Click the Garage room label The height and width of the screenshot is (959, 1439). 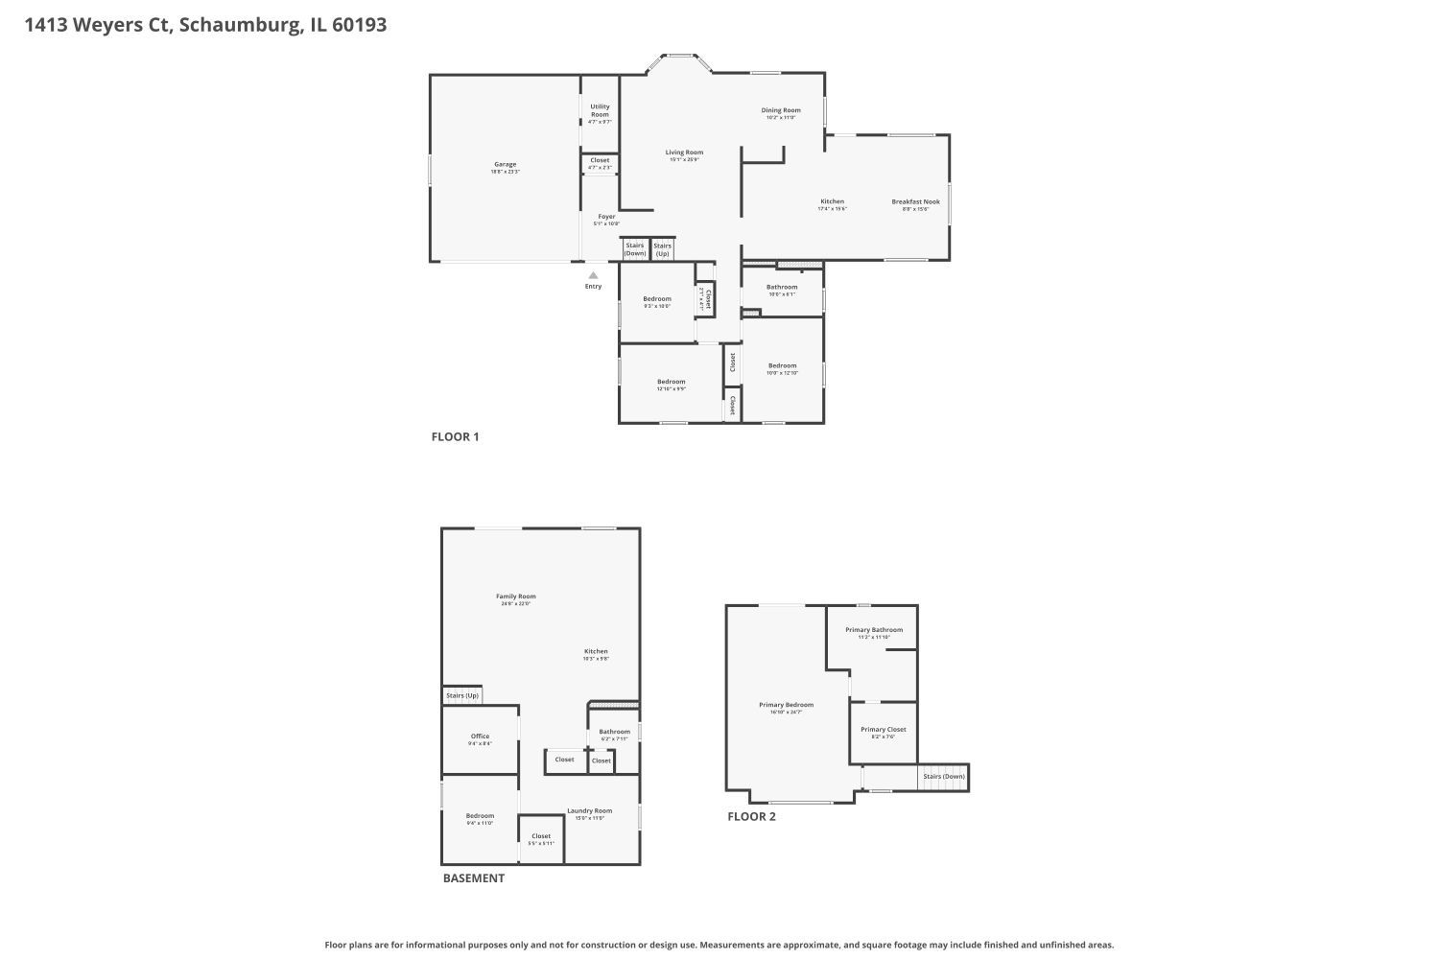point(505,165)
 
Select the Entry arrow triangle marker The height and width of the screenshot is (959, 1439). point(593,275)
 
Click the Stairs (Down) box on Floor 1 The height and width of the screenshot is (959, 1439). point(635,249)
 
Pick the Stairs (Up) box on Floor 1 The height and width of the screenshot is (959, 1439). point(662,249)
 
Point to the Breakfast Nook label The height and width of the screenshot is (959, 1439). point(915,202)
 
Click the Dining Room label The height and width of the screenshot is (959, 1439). point(781,110)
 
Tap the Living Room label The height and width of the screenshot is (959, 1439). point(685,152)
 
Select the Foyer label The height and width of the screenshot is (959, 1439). point(606,217)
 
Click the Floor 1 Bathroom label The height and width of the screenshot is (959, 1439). point(782,287)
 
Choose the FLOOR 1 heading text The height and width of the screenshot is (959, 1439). point(455,436)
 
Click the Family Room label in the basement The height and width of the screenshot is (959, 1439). point(515,596)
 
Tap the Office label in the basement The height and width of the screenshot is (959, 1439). point(480,737)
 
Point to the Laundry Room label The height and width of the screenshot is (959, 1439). point(589,810)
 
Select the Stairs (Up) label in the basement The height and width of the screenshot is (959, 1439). point(462,695)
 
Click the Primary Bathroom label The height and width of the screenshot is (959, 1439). point(873,630)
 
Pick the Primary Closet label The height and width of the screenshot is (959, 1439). point(883,730)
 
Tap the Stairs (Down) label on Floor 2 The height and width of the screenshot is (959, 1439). point(944,776)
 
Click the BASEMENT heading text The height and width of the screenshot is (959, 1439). point(473,877)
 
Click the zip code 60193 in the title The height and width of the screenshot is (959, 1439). point(359,25)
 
